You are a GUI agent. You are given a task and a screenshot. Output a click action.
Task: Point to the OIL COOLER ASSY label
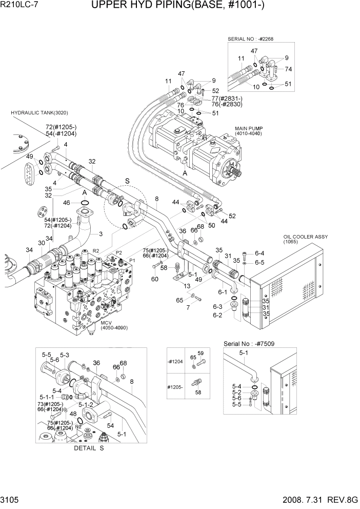(305, 237)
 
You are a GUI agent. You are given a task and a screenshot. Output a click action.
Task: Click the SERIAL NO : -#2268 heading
(258, 39)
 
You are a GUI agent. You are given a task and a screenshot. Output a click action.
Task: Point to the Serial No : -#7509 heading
(251, 343)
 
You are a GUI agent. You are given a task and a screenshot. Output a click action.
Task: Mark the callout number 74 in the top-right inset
(288, 69)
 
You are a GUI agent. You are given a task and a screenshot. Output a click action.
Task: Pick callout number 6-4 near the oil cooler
(259, 253)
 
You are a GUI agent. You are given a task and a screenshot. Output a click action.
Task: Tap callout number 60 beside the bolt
(154, 279)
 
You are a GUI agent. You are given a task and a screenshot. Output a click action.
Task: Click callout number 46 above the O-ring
(75, 203)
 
